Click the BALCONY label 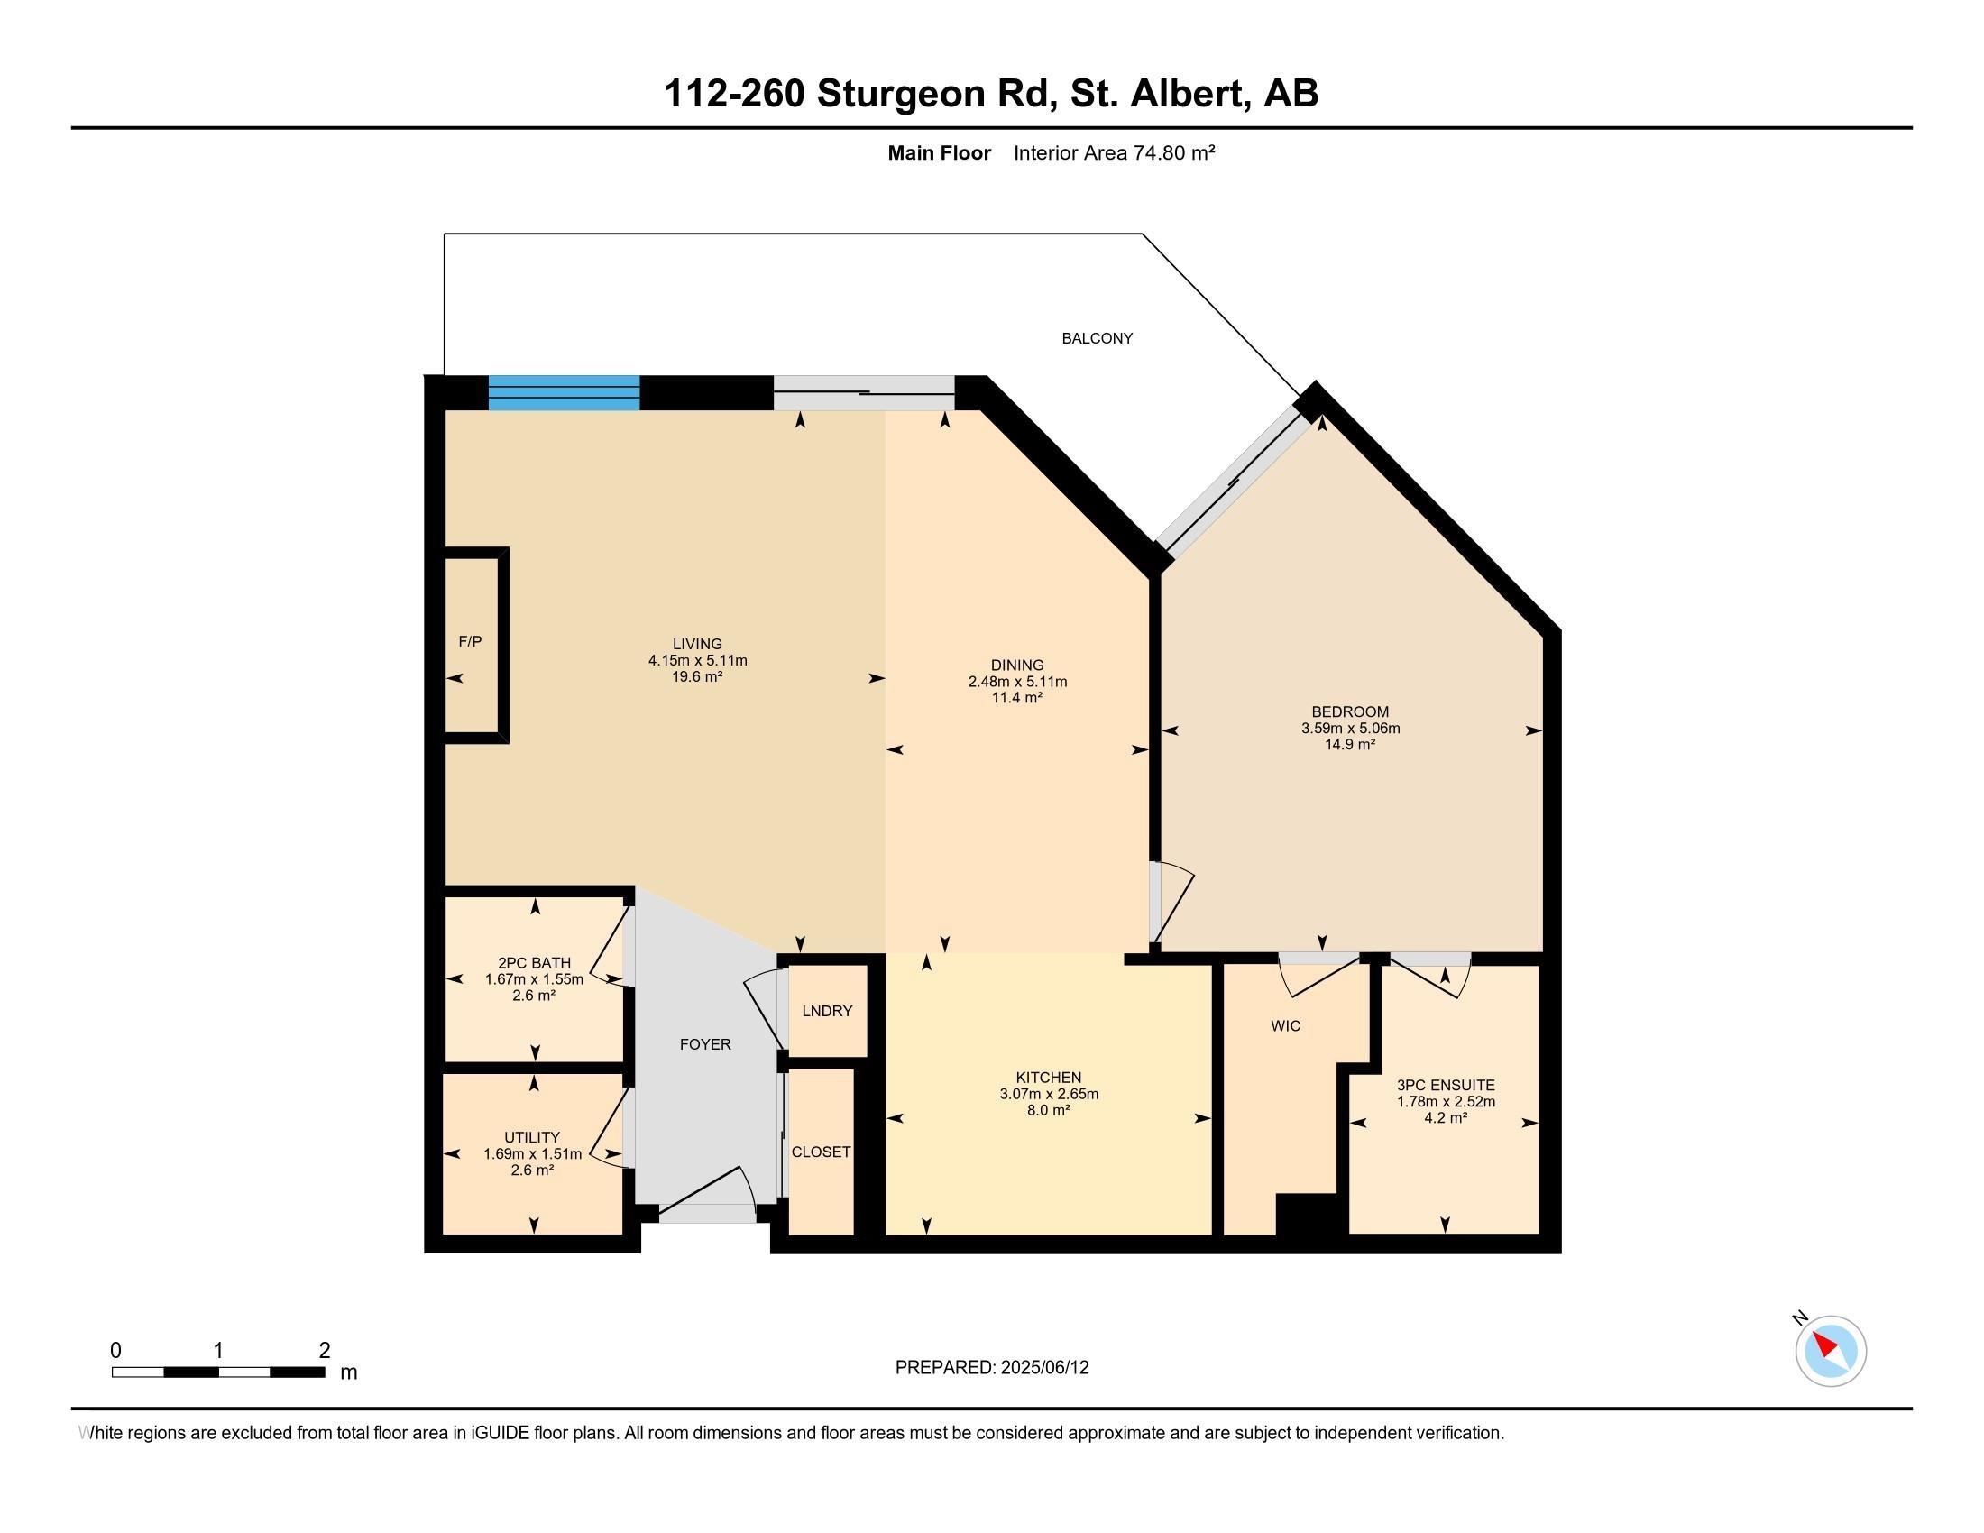click(x=1097, y=338)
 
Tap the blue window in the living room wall click(x=564, y=393)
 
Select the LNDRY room click(x=827, y=1011)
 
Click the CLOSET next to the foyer click(x=821, y=1152)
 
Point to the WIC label click(x=1284, y=1026)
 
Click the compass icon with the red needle click(x=1830, y=1351)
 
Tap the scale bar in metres click(x=218, y=1372)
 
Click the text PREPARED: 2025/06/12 click(x=991, y=1368)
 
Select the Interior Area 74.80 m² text click(x=1114, y=152)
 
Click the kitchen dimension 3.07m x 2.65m click(x=1048, y=1095)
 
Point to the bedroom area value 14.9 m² click(x=1350, y=745)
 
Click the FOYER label click(x=705, y=1044)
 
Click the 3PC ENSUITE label click(x=1446, y=1085)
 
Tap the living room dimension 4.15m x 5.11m click(x=697, y=661)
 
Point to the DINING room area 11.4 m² click(x=1016, y=698)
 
